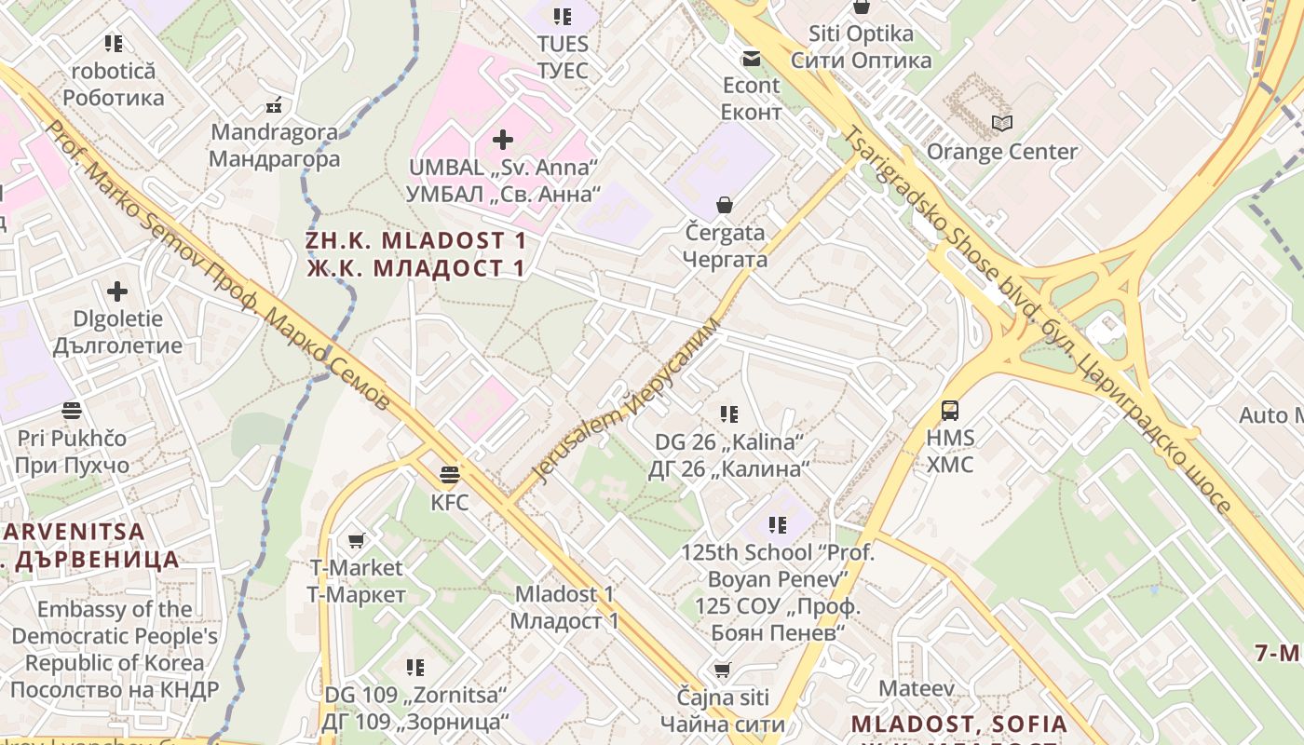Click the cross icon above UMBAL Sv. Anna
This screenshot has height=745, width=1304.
point(503,140)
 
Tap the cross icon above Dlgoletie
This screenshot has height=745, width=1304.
point(117,291)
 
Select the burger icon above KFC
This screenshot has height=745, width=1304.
point(450,475)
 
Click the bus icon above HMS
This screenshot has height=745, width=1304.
point(950,410)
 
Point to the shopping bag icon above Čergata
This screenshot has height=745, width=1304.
point(725,205)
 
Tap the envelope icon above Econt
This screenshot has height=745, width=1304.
point(751,59)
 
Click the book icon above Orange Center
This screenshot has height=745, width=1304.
point(1002,123)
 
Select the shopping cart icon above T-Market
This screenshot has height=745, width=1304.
point(356,540)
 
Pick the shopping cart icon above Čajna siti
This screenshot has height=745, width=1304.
point(722,670)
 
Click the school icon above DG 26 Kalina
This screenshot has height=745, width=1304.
point(728,413)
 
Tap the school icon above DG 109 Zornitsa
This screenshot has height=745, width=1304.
point(415,667)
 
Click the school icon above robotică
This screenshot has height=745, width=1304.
point(114,43)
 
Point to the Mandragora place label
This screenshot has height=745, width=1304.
point(274,145)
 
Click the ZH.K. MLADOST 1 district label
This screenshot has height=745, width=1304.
point(415,254)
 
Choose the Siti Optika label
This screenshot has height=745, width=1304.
point(861,47)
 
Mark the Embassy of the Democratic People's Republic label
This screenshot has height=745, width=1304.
point(115,649)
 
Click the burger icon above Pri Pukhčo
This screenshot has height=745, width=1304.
point(72,410)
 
